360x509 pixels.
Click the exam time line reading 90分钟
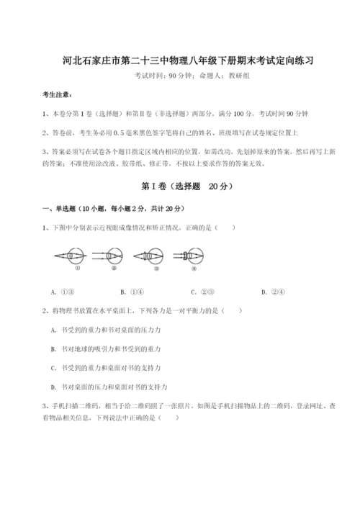[179, 76]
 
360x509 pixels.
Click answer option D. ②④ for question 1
[273, 292]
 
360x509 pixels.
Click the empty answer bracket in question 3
[169, 417]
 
